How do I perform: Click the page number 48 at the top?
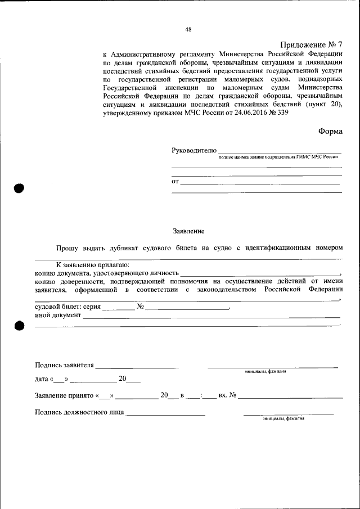[188, 30]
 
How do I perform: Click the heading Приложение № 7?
[310, 44]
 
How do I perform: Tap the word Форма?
[330, 130]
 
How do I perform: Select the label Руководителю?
[193, 150]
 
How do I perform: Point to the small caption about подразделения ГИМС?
[278, 157]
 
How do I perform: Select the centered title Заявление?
[188, 231]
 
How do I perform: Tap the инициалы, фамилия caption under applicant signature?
[265, 372]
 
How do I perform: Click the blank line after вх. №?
[290, 398]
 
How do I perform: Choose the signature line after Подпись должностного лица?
[166, 415]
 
